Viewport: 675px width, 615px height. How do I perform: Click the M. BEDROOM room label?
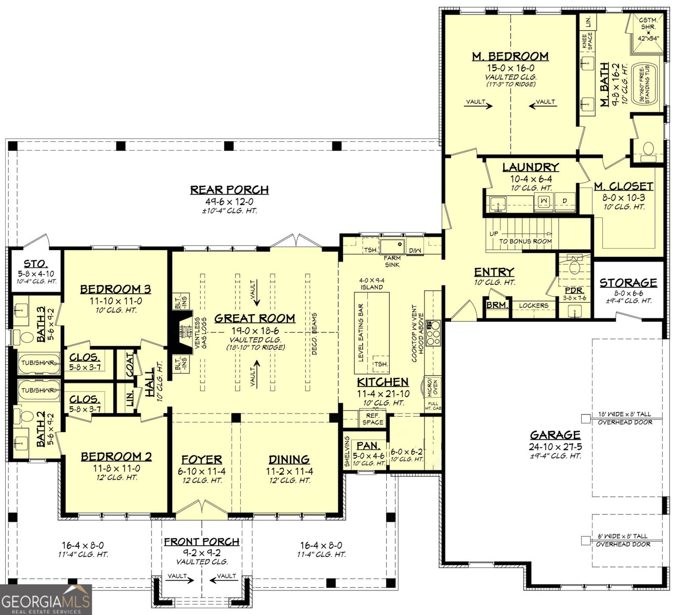coord(510,56)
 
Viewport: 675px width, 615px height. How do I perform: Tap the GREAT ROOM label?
coord(255,318)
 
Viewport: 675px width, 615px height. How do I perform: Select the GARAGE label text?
coord(555,435)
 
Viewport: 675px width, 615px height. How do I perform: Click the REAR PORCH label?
coord(229,190)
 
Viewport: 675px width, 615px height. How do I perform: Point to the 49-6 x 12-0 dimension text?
coord(229,202)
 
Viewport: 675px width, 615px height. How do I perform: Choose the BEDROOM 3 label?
coord(115,290)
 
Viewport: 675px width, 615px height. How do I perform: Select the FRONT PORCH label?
coord(202,542)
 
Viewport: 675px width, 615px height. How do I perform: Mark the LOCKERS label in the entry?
coord(534,305)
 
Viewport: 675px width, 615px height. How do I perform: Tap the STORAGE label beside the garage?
coord(628,283)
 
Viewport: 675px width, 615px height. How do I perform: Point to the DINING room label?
coord(289,460)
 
